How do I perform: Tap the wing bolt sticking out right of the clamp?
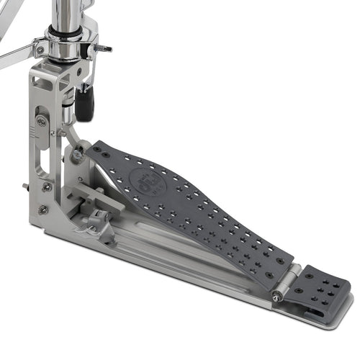[104, 48]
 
